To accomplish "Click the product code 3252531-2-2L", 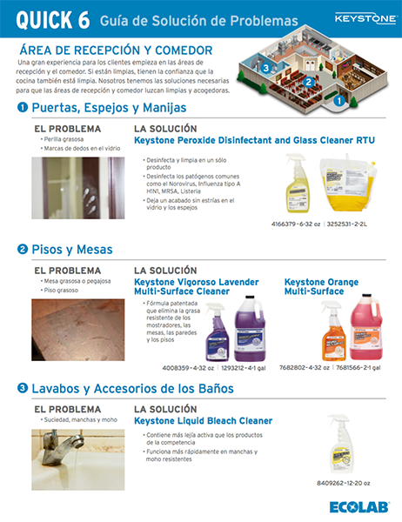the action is (x=358, y=224).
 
